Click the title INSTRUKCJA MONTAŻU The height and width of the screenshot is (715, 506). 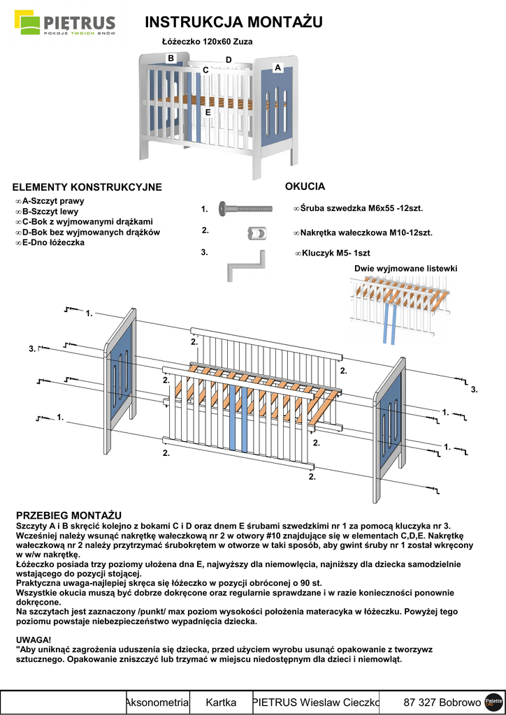point(233,22)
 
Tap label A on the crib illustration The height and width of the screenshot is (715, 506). point(277,68)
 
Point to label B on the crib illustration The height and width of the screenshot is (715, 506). point(171,59)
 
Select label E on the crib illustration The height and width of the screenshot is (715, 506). point(208,112)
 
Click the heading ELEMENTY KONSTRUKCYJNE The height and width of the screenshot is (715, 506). point(87,187)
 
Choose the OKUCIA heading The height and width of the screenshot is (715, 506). point(305,186)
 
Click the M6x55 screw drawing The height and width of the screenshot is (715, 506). point(245,208)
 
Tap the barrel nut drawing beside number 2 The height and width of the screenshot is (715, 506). point(256,233)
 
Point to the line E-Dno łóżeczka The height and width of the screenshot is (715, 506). point(52,242)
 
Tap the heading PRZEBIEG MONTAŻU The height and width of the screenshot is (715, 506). point(68,515)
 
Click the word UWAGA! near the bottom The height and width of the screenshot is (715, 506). point(33,639)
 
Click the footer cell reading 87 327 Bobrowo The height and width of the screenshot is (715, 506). point(442,702)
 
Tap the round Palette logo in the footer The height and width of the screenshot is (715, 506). point(493,702)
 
